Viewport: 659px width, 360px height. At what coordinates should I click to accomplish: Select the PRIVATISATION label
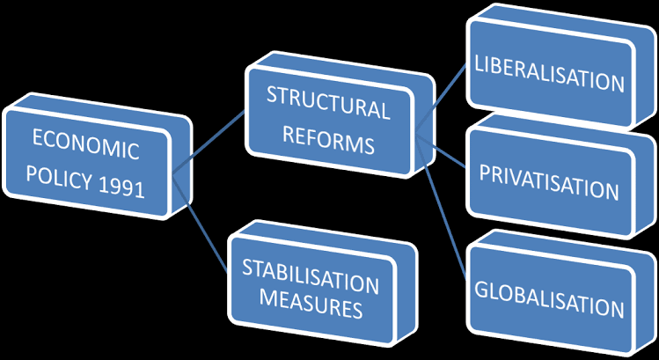coord(549,190)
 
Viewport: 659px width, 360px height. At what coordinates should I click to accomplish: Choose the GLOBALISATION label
coord(549,307)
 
